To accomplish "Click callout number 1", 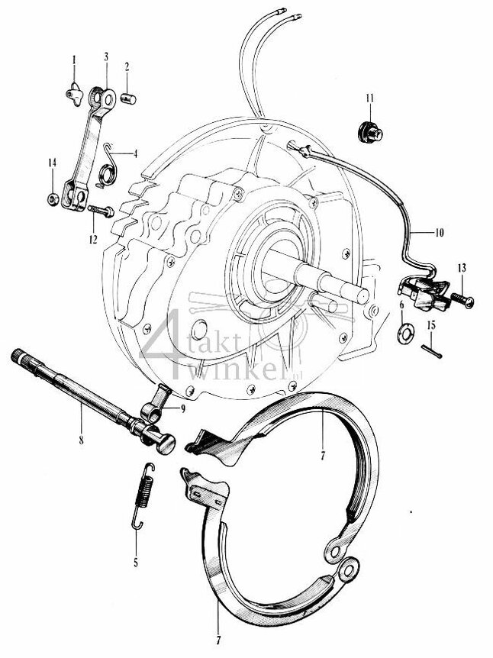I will [75, 59].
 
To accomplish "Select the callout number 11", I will [369, 97].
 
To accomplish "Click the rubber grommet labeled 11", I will [369, 128].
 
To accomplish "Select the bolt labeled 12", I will [101, 208].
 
